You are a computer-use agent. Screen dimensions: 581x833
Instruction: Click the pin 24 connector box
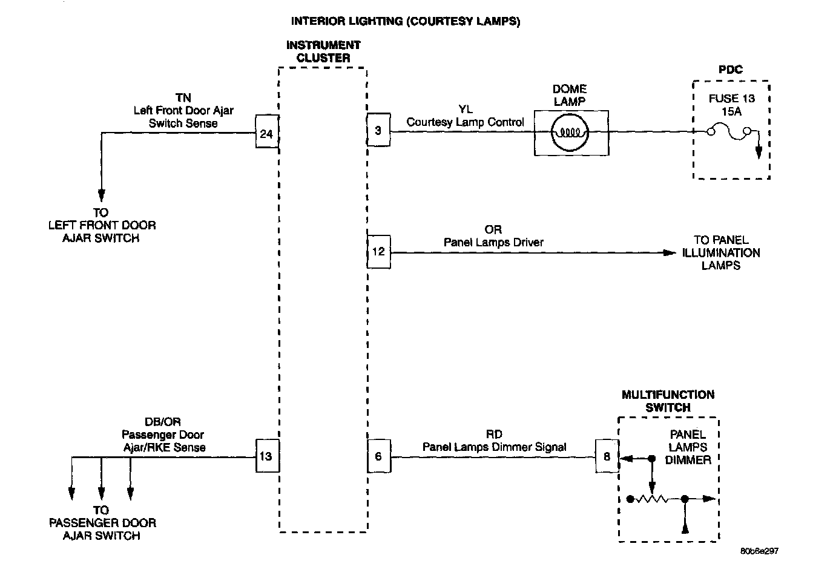coord(266,133)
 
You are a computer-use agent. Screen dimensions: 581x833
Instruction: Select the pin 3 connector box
coord(378,131)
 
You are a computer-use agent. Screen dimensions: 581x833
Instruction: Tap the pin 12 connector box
coord(378,252)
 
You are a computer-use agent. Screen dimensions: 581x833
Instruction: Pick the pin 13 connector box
coord(266,456)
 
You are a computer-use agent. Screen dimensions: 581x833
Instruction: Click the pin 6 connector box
coord(378,456)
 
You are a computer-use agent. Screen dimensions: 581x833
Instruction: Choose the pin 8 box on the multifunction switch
coord(607,457)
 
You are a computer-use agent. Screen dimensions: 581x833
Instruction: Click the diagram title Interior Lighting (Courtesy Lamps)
coord(406,22)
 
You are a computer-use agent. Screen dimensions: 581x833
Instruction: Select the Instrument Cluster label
coord(323,52)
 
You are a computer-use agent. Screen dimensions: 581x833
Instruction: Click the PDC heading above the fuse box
coord(731,70)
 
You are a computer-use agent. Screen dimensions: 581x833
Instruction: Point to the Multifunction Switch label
coord(668,401)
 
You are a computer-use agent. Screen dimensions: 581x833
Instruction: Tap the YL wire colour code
coord(466,110)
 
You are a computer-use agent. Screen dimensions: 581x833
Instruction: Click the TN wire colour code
coord(183,98)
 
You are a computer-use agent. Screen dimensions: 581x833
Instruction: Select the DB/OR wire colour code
coord(163,422)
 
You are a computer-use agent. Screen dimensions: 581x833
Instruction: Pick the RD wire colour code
coord(494,435)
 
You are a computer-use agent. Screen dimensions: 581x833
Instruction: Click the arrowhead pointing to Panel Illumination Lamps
coord(669,252)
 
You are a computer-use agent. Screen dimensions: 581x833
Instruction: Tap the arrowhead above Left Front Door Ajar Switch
coord(102,195)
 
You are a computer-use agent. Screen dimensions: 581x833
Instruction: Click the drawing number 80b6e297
coord(759,551)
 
